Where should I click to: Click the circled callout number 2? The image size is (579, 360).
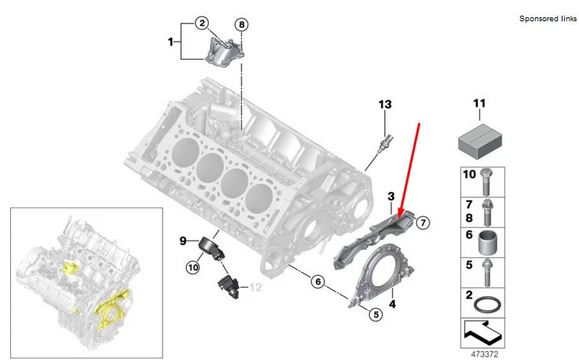(x=202, y=24)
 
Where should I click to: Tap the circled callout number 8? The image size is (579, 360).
(x=241, y=25)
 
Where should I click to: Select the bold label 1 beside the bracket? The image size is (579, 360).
(x=170, y=40)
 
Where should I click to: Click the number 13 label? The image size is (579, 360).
(x=384, y=105)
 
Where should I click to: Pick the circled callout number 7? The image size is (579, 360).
(x=422, y=222)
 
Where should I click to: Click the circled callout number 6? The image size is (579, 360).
(x=318, y=281)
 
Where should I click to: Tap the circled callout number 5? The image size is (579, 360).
(x=376, y=314)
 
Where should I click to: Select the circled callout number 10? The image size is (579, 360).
(x=192, y=268)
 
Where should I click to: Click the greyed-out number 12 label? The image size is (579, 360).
(x=255, y=288)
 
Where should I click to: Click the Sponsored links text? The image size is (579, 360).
(x=547, y=18)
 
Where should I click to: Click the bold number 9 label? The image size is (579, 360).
(x=181, y=241)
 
